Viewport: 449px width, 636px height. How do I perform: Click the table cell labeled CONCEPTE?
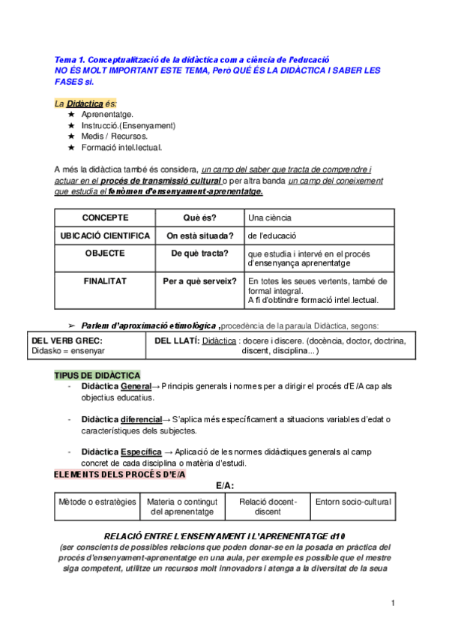104,217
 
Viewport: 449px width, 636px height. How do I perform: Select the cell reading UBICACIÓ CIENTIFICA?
104,235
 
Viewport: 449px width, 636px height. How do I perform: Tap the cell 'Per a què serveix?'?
199,281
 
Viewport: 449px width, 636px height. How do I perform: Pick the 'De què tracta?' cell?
199,253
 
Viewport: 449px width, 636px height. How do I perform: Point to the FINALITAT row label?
104,281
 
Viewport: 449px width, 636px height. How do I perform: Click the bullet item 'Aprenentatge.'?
107,114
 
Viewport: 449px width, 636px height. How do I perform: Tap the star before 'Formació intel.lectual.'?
71,148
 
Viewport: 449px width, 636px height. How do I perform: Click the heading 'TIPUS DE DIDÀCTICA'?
97,375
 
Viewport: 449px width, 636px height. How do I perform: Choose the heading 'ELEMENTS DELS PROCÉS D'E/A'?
120,475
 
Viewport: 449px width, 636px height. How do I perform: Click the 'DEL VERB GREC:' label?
67,340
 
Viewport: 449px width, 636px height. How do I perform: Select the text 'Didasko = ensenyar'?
68,350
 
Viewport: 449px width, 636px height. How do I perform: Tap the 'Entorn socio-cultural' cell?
353,501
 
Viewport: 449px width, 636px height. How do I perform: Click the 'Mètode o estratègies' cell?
97,501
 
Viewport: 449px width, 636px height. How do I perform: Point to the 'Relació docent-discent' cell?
268,506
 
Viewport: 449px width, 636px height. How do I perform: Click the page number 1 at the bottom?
393,603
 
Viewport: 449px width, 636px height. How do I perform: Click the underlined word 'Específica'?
141,451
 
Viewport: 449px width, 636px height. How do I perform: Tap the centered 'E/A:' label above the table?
226,485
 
